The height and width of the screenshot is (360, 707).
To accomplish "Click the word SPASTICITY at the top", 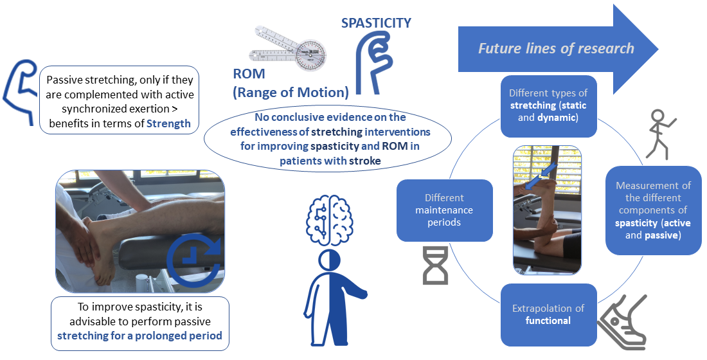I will point(376,23).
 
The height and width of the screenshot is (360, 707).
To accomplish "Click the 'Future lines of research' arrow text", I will point(556,48).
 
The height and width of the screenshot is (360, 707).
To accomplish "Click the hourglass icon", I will point(435,264).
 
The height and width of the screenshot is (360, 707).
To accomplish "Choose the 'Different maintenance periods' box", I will point(445,210).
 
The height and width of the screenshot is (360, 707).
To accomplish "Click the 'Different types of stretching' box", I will point(548,105).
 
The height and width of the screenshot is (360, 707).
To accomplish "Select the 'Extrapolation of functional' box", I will point(548,314).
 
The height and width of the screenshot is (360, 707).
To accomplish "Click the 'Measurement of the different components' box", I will point(652,210).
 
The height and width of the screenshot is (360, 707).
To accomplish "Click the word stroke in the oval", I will point(367,161).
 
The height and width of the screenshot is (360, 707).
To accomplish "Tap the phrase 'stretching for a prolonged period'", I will point(139,336).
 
